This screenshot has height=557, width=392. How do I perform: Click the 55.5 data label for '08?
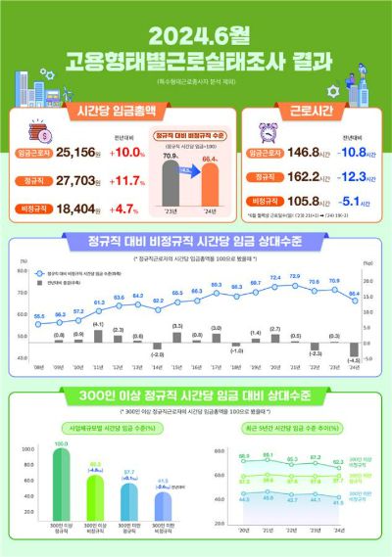38,315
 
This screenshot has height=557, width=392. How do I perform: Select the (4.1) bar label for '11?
99,322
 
